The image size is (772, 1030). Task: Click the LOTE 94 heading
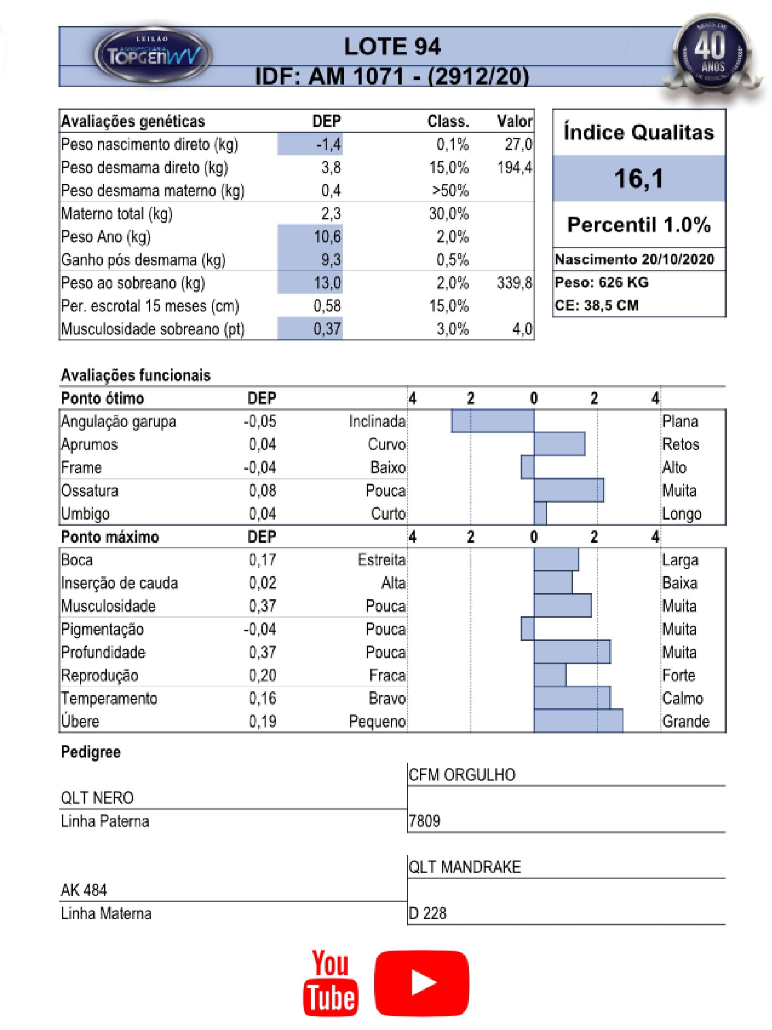point(392,47)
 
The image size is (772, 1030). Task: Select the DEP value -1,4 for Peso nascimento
point(328,144)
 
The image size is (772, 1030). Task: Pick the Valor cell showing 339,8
point(514,282)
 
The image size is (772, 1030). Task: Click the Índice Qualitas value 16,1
point(638,178)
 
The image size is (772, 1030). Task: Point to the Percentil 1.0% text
point(638,225)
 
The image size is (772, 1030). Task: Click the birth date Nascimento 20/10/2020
point(634,259)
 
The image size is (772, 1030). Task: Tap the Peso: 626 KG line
point(601,282)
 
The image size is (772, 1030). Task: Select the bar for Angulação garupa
point(492,421)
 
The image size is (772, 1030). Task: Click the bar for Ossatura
point(568,490)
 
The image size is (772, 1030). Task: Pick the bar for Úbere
point(578,721)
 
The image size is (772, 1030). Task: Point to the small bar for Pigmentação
point(527,629)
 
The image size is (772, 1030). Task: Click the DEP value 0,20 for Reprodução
point(262,675)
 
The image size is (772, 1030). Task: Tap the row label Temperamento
point(109,698)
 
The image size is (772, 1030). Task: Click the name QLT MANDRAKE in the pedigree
point(464,867)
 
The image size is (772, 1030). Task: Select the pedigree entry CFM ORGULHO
point(462,775)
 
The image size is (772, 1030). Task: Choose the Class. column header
point(448,122)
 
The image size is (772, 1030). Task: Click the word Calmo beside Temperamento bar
point(682,698)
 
